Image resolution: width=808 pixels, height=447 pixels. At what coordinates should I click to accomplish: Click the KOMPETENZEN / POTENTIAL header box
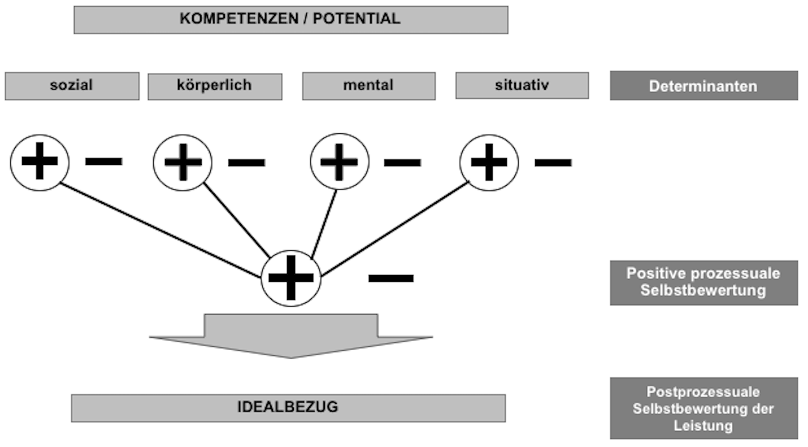pyautogui.click(x=291, y=20)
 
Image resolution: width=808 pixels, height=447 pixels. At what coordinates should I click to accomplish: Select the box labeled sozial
pyautogui.click(x=72, y=86)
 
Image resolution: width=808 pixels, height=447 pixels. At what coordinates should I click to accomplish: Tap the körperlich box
pyautogui.click(x=215, y=86)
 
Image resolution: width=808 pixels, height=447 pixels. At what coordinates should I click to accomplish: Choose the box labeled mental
pyautogui.click(x=369, y=86)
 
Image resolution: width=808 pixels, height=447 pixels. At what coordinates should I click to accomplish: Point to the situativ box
pyautogui.click(x=522, y=85)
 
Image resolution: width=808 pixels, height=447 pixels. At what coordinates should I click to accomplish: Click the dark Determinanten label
pyautogui.click(x=704, y=86)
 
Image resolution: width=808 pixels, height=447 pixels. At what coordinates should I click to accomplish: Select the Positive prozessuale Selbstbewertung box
pyautogui.click(x=704, y=283)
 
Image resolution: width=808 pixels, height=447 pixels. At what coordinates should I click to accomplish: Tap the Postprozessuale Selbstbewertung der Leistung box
pyautogui.click(x=704, y=408)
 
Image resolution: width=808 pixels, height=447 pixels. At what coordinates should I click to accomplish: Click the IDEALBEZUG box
pyautogui.click(x=288, y=408)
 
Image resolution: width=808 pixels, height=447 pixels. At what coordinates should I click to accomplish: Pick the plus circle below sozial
pyautogui.click(x=40, y=162)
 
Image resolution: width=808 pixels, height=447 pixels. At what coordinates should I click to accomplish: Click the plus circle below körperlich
pyautogui.click(x=182, y=162)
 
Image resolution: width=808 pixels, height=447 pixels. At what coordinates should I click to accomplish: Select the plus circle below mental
pyautogui.click(x=340, y=162)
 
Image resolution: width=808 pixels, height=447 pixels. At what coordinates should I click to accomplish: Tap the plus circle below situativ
pyautogui.click(x=489, y=162)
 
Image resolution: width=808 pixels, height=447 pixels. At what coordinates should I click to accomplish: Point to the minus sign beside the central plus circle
pyautogui.click(x=391, y=278)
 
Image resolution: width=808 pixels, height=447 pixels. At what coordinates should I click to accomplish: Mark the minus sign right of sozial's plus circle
pyautogui.click(x=104, y=161)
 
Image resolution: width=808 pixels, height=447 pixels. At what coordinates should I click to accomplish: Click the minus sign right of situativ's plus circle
pyautogui.click(x=553, y=162)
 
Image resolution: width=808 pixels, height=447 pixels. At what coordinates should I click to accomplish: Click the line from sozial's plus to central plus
pyautogui.click(x=160, y=230)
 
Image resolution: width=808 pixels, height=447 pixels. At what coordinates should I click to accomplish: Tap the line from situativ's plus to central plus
pyautogui.click(x=395, y=228)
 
